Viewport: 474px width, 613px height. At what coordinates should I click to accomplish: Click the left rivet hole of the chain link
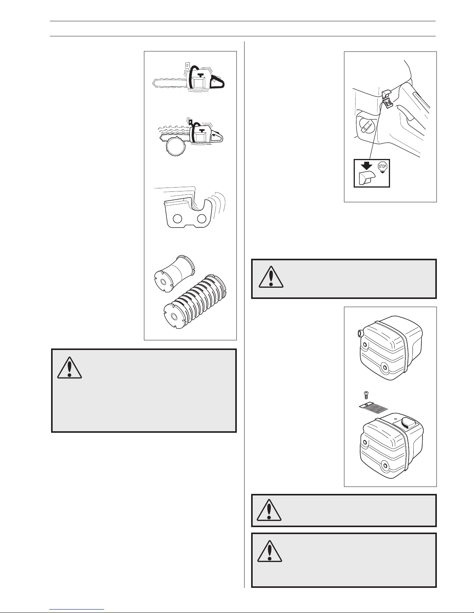(178, 219)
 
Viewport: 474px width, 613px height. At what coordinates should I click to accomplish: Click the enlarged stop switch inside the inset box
(366, 179)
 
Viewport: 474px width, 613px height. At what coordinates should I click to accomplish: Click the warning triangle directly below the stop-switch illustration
(271, 278)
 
